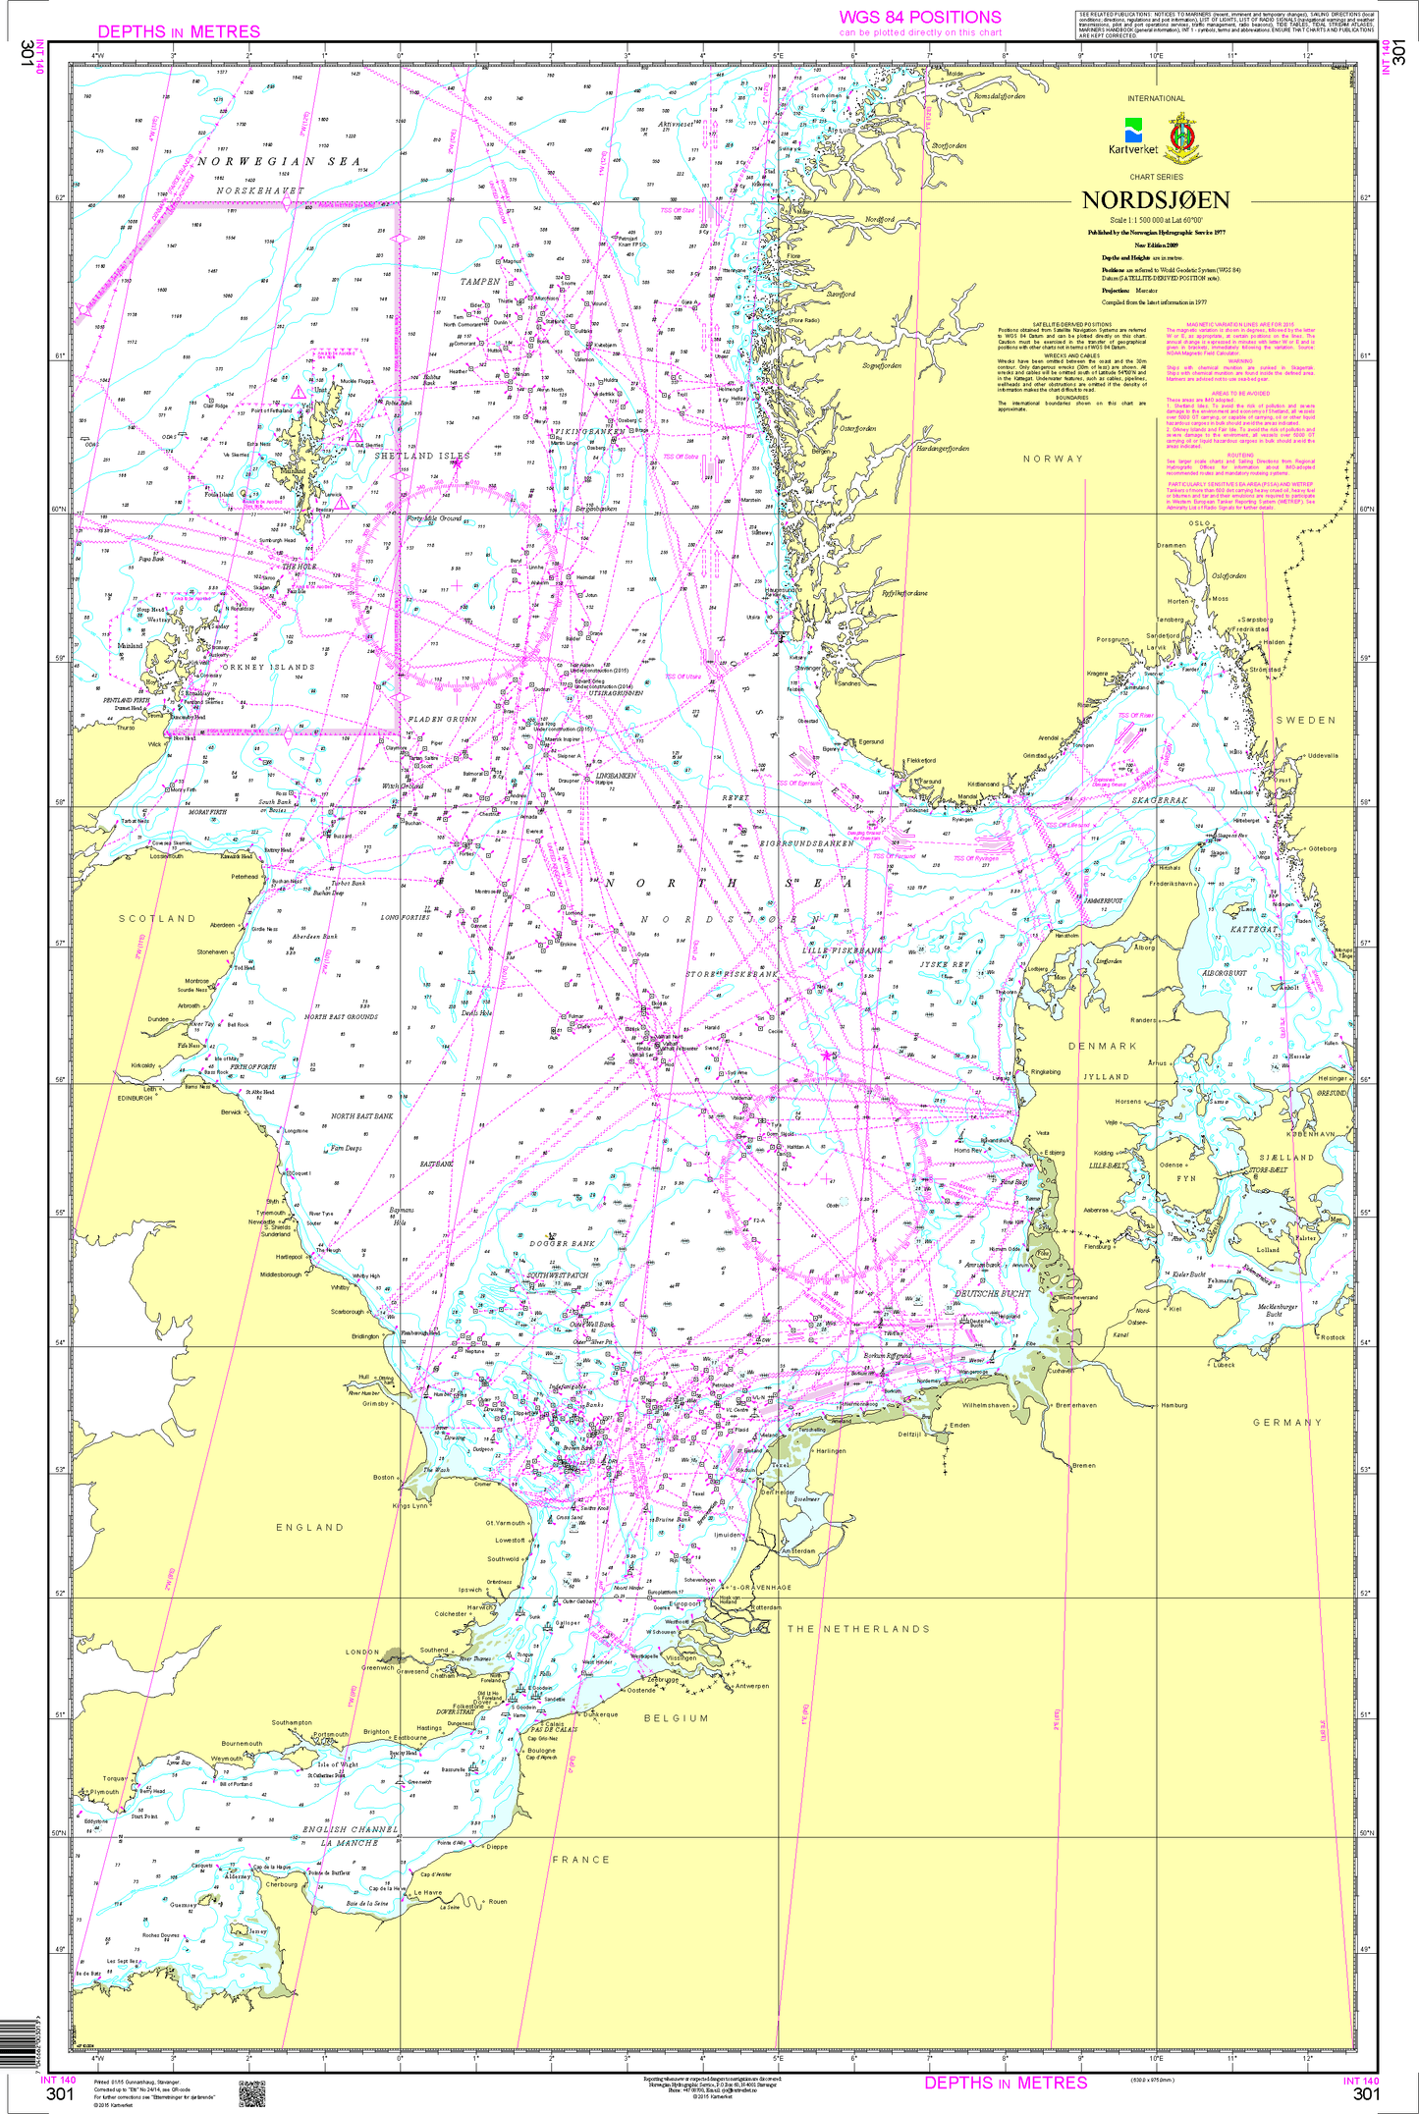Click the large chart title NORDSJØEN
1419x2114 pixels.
[1155, 200]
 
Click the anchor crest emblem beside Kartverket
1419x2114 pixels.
[1181, 136]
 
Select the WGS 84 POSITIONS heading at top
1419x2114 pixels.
[919, 18]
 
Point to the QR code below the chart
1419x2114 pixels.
[251, 2093]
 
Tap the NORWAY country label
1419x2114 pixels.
[1053, 459]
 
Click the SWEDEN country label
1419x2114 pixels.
[1305, 720]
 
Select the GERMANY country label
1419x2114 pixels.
[1286, 1422]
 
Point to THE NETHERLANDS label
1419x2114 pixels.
[857, 1628]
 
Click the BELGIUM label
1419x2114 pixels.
[676, 1718]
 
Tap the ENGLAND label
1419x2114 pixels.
[309, 1527]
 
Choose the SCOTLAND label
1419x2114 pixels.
[157, 918]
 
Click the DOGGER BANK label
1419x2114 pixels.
[562, 1243]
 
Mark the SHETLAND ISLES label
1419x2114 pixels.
[422, 456]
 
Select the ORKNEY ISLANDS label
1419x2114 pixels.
[268, 667]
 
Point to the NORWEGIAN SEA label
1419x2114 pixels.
[279, 161]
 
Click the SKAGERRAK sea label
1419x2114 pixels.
[1160, 800]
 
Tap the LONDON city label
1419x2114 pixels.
[361, 1652]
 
